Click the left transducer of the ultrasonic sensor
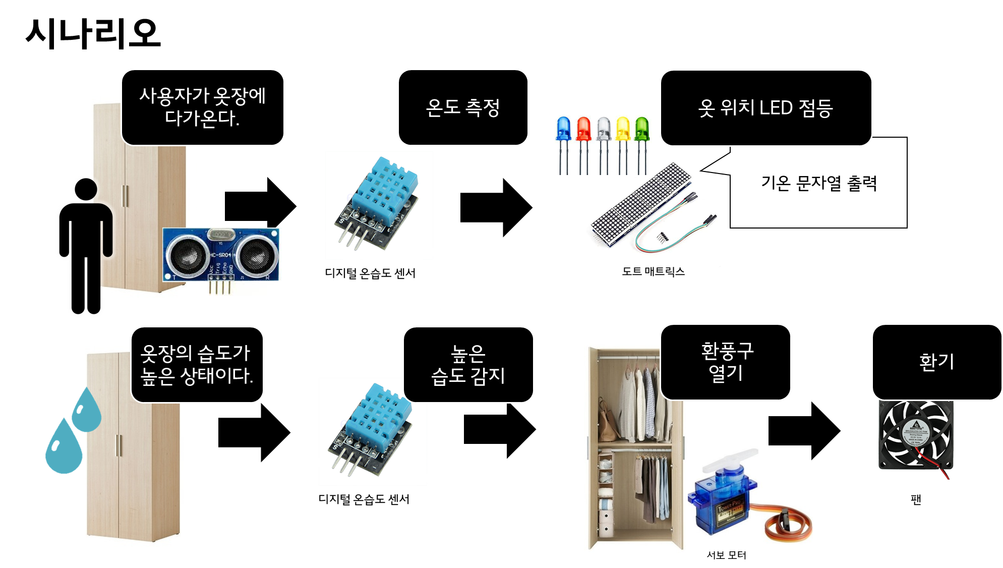click(188, 254)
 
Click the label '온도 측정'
click(462, 107)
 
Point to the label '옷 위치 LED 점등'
click(765, 107)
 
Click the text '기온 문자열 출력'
click(819, 183)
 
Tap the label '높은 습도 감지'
click(468, 364)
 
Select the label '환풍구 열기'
click(726, 362)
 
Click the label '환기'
click(936, 362)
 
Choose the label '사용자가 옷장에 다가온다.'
click(202, 107)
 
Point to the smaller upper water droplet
click(87, 411)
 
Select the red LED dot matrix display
click(640, 204)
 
